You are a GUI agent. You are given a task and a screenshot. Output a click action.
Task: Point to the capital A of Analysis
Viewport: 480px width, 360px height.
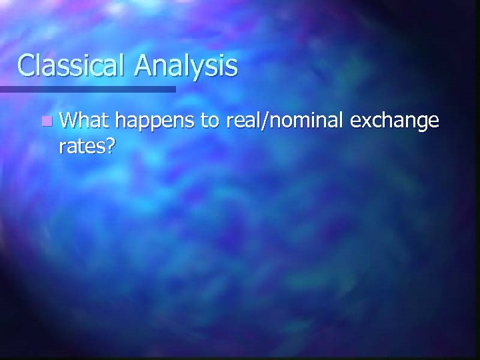[145, 65]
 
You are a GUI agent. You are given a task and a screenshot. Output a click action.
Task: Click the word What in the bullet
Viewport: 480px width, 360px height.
[85, 121]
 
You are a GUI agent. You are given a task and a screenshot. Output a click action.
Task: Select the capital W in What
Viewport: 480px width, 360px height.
[68, 121]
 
